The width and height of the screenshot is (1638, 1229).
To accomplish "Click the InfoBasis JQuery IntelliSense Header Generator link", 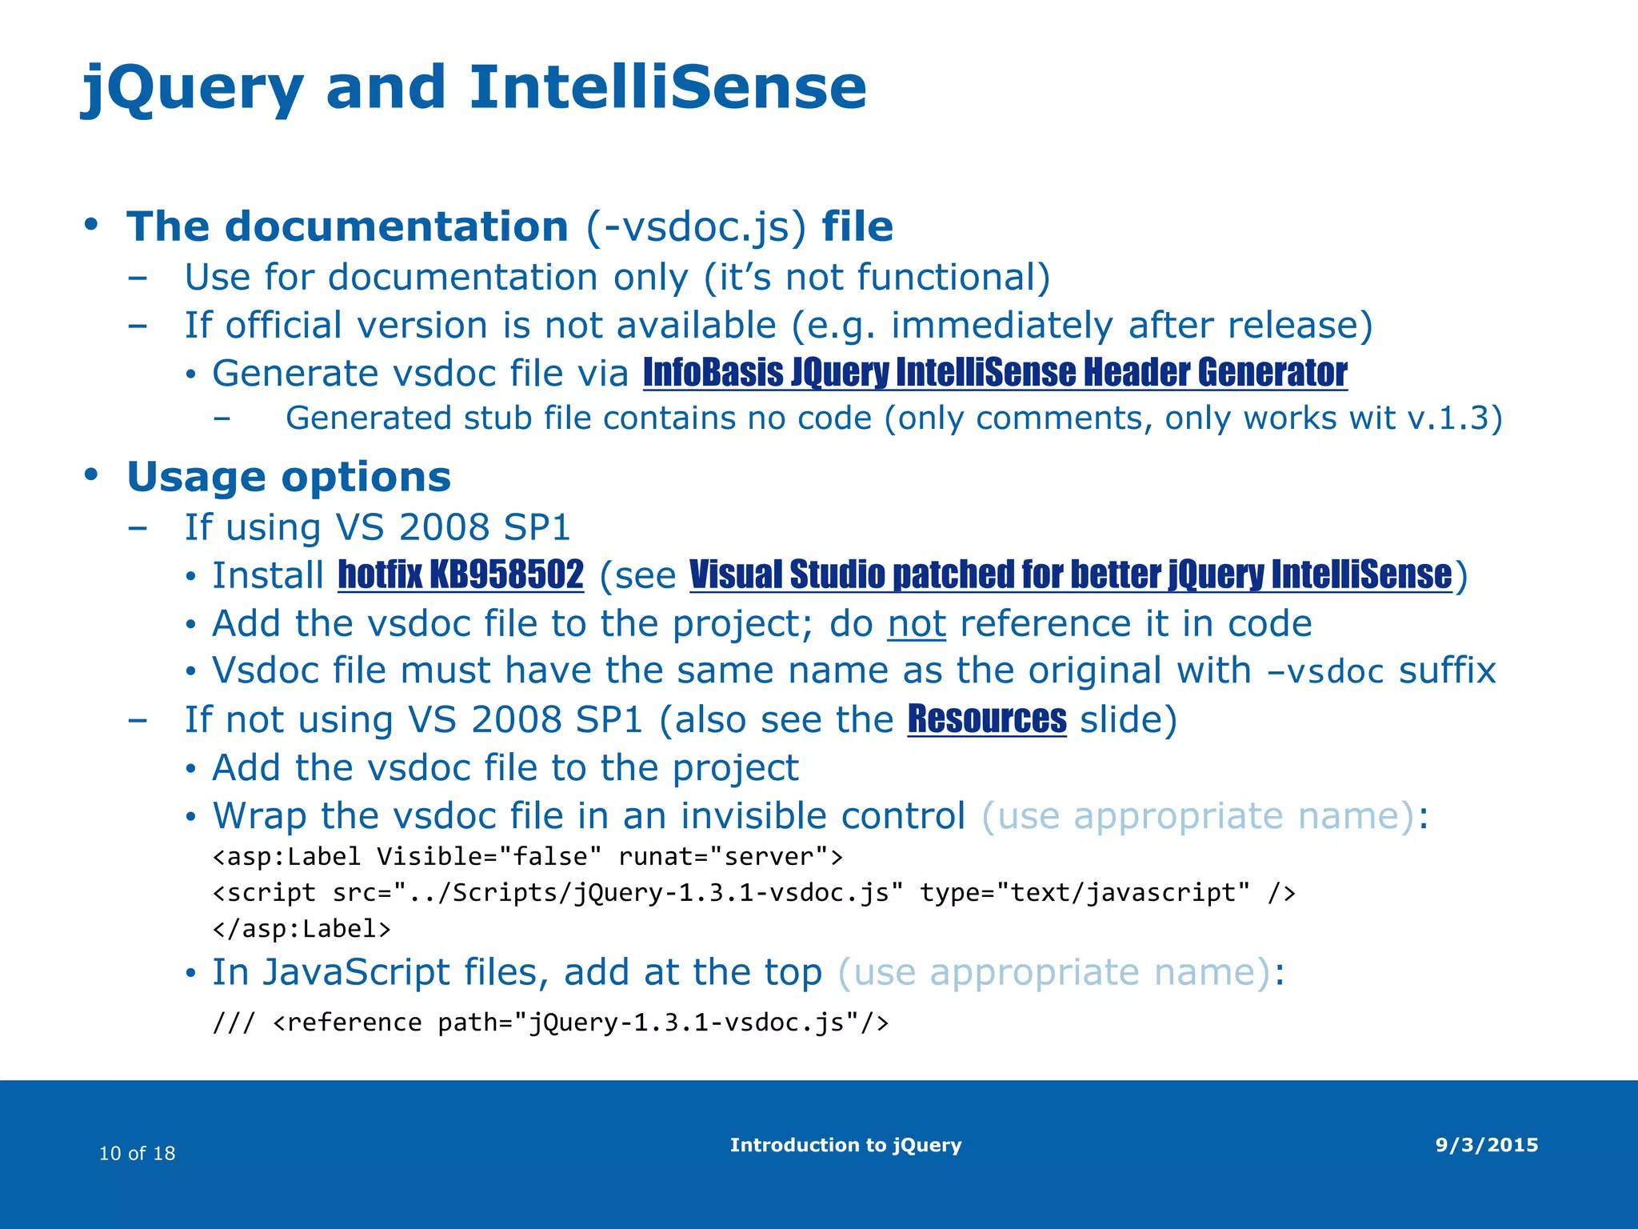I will click(995, 373).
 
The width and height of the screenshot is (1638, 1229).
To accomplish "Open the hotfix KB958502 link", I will click(461, 575).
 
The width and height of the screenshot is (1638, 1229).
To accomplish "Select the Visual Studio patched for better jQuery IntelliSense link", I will click(1070, 575).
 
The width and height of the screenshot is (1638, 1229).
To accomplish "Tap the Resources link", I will click(987, 719).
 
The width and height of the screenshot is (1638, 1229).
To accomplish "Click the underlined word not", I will click(917, 624).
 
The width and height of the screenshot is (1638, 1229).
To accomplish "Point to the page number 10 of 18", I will click(137, 1153).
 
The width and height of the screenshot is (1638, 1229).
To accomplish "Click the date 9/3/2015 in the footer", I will click(1487, 1145).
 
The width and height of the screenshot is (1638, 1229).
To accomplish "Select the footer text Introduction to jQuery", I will click(845, 1145).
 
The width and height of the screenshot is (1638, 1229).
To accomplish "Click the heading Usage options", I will click(289, 477).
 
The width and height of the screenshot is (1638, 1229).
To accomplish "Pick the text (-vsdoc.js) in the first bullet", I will click(696, 226).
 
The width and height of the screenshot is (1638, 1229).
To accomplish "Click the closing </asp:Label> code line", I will click(302, 929).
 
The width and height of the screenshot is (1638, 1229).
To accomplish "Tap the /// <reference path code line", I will click(550, 1023).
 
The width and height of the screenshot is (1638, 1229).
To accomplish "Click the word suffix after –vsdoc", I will click(1447, 671).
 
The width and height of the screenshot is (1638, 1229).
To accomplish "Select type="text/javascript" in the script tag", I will click(1085, 892).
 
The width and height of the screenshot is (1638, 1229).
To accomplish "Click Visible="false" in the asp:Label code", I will click(489, 857).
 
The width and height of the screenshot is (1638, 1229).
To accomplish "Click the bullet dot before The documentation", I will click(90, 224).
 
